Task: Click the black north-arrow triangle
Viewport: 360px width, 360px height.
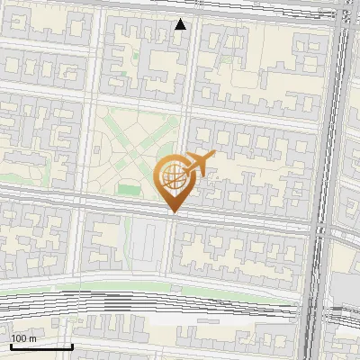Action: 181,24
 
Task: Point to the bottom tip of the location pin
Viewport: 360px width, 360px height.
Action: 174,212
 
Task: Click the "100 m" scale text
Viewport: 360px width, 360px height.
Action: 23,338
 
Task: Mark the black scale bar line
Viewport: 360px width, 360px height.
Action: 41,346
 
